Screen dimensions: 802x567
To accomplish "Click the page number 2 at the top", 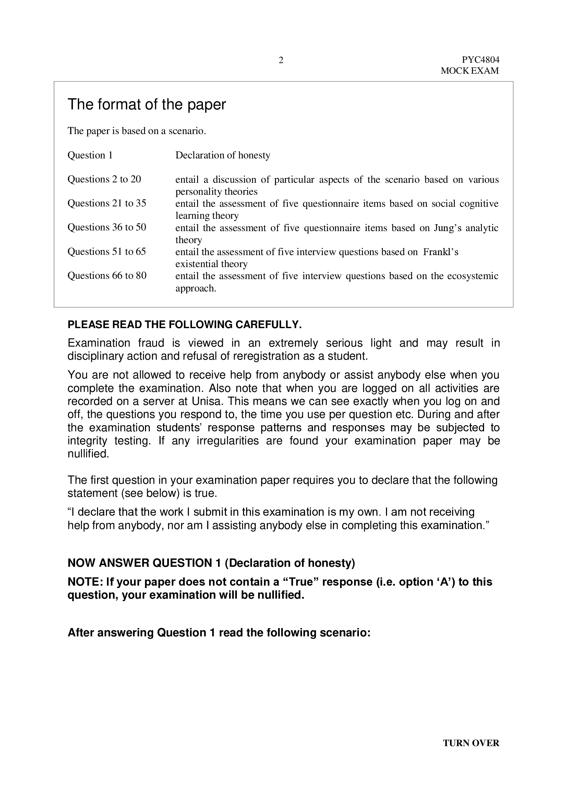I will pyautogui.click(x=281, y=60).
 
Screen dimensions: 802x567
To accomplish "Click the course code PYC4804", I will pyautogui.click(x=480, y=60).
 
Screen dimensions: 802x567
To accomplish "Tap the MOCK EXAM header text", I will pyautogui.click(x=470, y=71).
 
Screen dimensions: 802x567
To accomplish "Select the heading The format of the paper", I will pyautogui.click(x=147, y=105).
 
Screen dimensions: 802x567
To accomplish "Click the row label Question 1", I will pyautogui.click(x=90, y=155).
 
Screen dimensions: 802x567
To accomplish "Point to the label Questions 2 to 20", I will pyautogui.click(x=104, y=179).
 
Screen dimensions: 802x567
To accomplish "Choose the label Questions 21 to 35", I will pyautogui.click(x=107, y=203).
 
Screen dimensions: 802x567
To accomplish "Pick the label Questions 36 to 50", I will pyautogui.click(x=107, y=227).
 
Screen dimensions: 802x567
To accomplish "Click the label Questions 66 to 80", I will pyautogui.click(x=107, y=276).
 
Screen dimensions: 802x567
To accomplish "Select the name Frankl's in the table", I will pyautogui.click(x=441, y=252).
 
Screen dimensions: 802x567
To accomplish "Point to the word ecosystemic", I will pyautogui.click(x=473, y=276).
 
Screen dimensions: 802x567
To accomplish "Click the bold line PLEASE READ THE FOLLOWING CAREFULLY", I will pyautogui.click(x=184, y=324).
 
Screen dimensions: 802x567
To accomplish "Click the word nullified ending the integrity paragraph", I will pyautogui.click(x=88, y=454).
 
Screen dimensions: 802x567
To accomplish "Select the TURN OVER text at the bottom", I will pyautogui.click(x=471, y=753).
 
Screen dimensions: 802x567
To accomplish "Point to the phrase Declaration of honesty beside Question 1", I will pyautogui.click(x=223, y=155).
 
